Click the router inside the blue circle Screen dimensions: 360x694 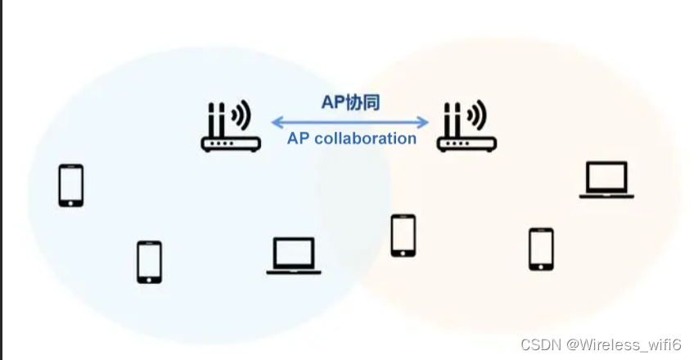click(x=230, y=128)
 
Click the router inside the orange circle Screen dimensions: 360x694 click(x=466, y=128)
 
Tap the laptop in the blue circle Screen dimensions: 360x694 click(x=294, y=256)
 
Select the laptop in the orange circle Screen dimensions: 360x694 click(x=607, y=179)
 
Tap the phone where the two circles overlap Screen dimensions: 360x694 click(x=403, y=236)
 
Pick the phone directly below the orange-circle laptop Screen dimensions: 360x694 click(x=541, y=249)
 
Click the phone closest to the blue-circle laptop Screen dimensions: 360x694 click(x=149, y=262)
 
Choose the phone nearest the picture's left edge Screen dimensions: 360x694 click(x=71, y=185)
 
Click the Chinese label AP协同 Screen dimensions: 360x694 click(x=350, y=102)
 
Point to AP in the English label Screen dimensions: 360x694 click(x=298, y=138)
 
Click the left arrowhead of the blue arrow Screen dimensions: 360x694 click(x=276, y=123)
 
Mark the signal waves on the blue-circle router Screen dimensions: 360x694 click(x=241, y=116)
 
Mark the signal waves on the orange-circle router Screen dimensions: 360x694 click(x=478, y=116)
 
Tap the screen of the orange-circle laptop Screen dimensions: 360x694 click(x=607, y=176)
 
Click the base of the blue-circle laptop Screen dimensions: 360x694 click(x=294, y=272)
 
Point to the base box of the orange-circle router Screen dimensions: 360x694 click(x=466, y=144)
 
